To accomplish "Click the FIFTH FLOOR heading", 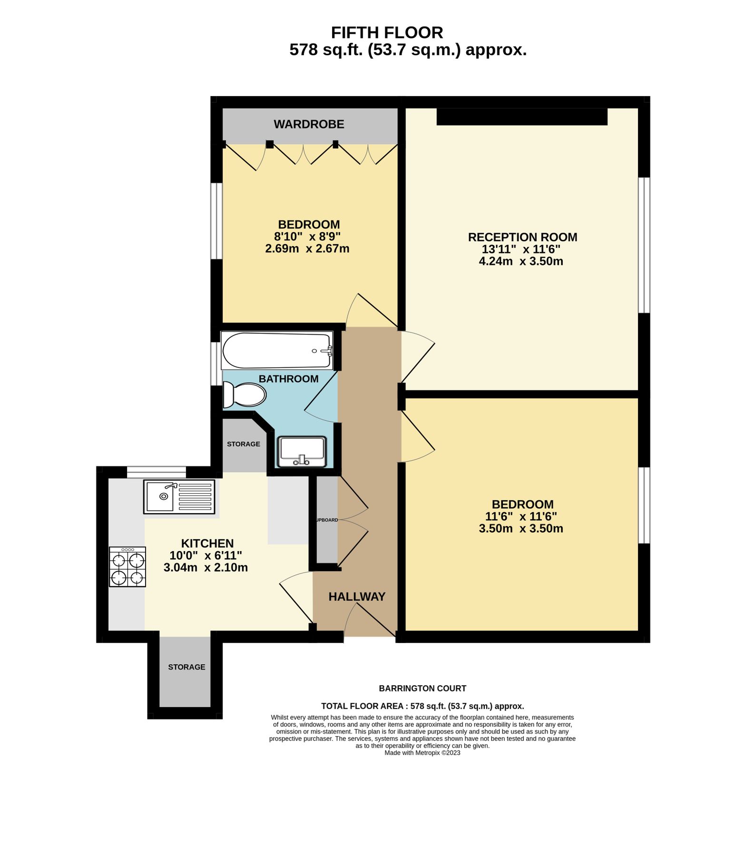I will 387,32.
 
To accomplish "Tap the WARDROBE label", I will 309,124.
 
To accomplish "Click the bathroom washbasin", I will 302,451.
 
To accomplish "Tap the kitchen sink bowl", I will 160,496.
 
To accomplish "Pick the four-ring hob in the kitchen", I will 127,566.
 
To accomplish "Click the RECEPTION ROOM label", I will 522,237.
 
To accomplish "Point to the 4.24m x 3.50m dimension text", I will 521,261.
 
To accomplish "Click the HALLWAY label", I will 357,596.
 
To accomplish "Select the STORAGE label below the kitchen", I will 186,667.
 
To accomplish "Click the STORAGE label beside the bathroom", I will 244,444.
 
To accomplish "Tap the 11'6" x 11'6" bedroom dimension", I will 521,516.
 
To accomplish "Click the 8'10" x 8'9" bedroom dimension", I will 307,236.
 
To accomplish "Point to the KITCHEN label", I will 207,543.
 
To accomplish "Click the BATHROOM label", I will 288,379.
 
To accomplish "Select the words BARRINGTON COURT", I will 422,688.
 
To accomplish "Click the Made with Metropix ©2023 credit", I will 422,753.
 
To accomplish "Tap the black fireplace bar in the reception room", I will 522,117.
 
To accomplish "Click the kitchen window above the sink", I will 156,472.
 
